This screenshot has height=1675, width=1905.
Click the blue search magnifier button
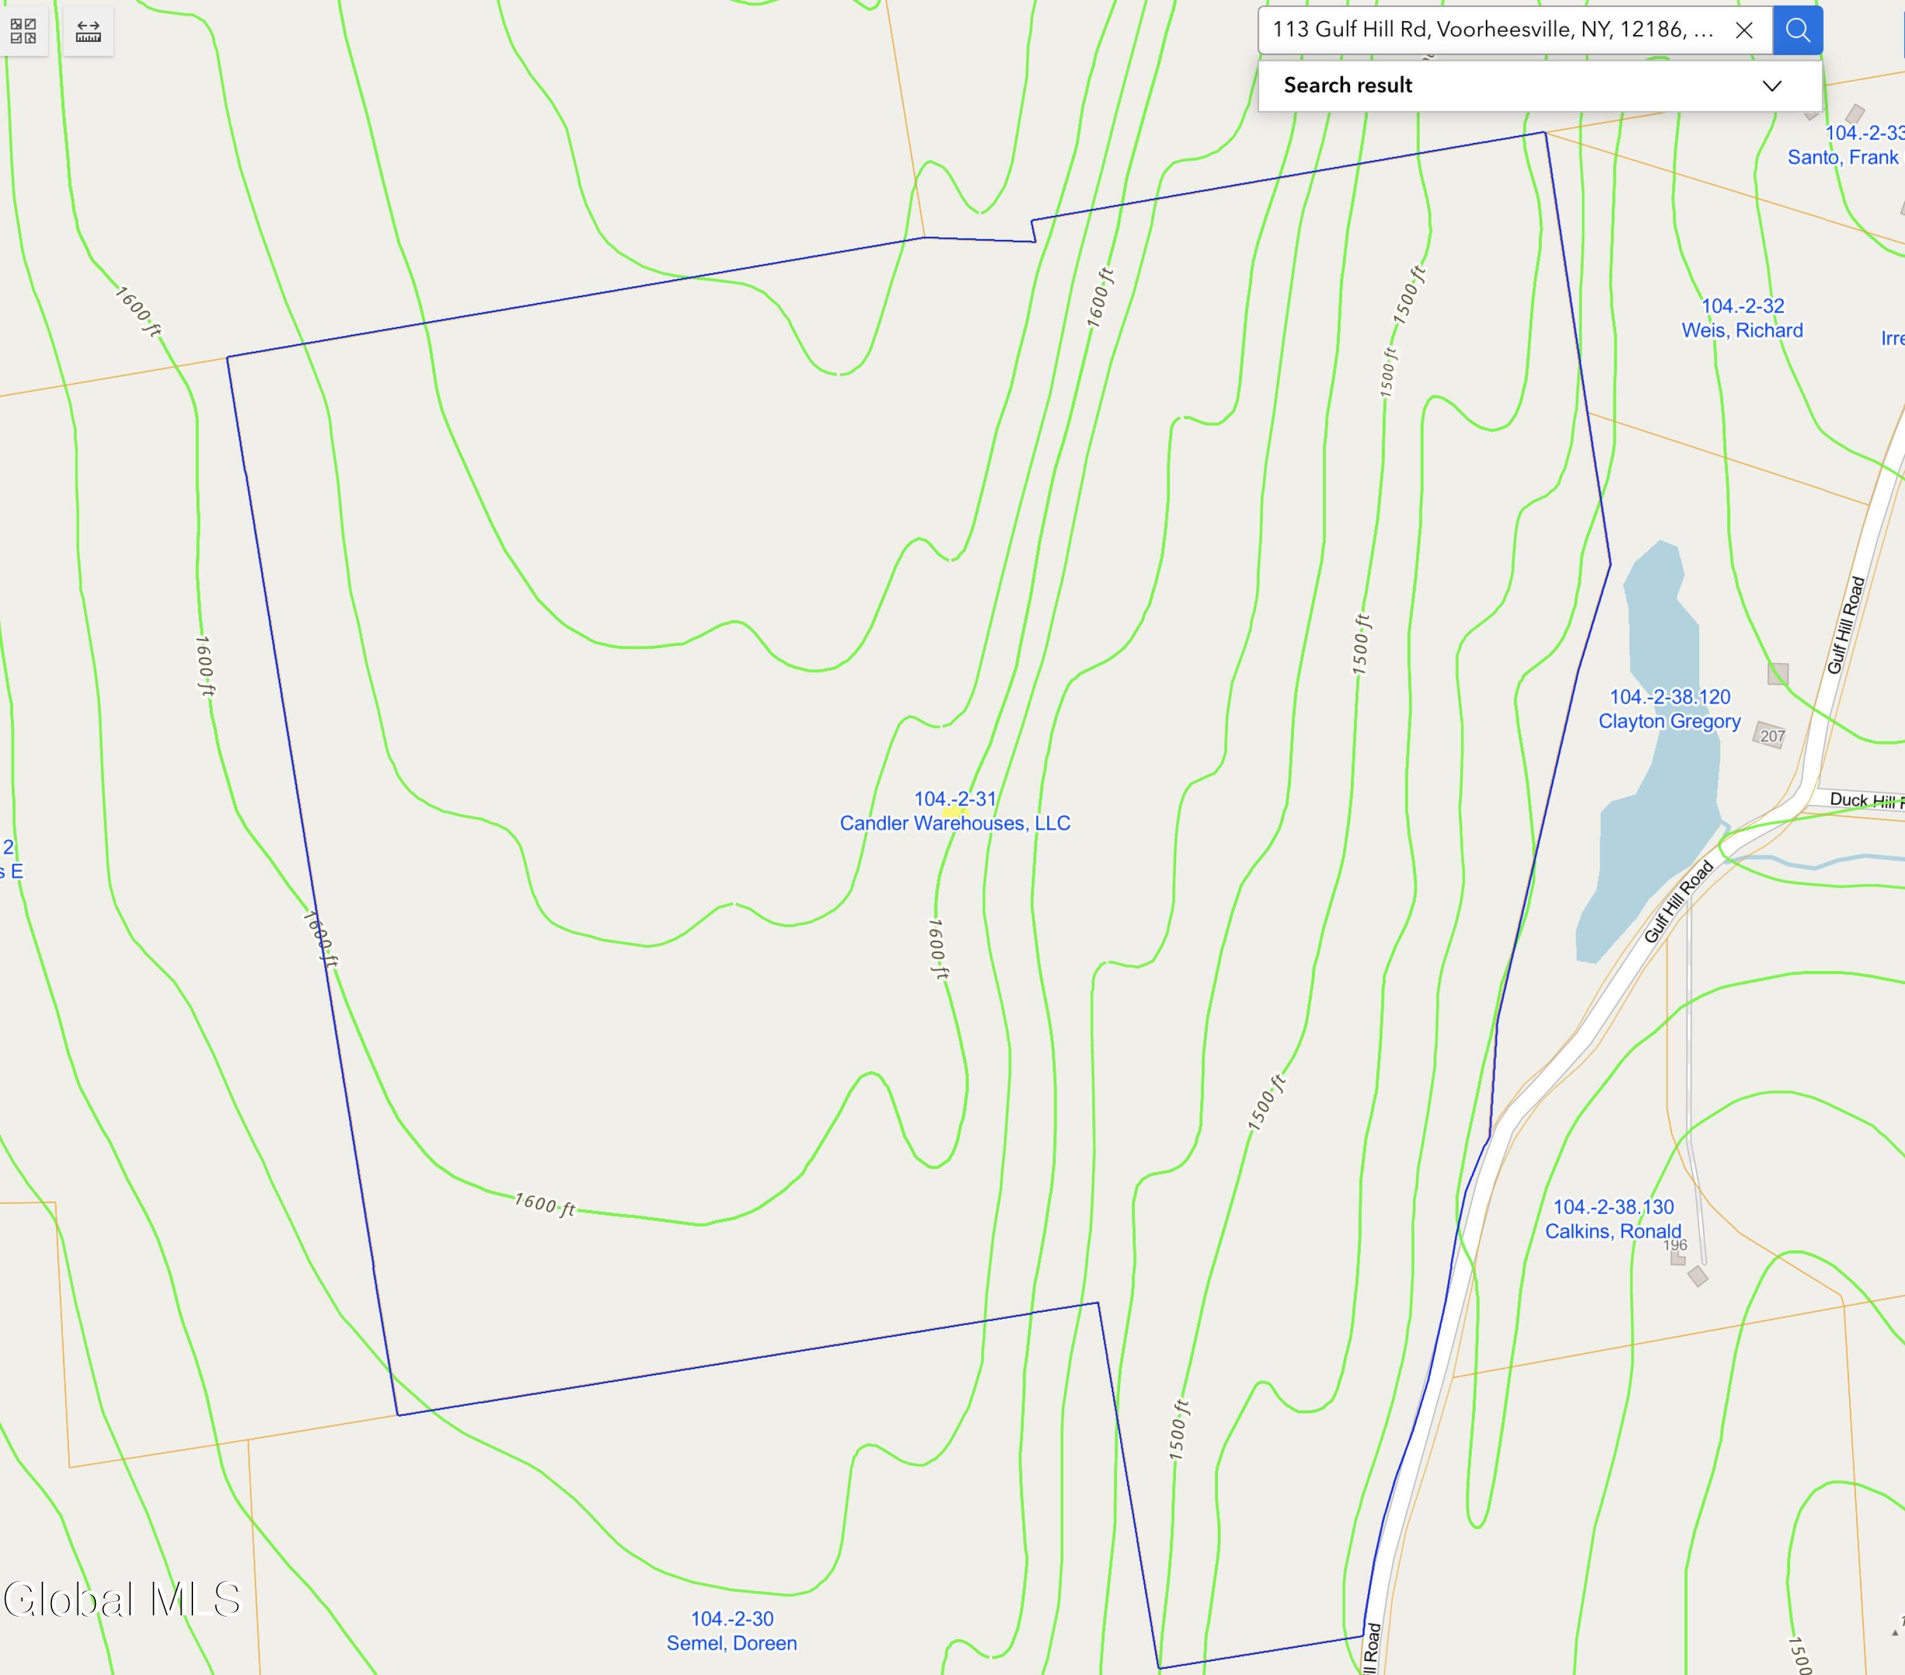[x=1797, y=30]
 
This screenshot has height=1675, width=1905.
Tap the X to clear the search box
[x=1744, y=30]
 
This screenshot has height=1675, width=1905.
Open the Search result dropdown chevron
[x=1772, y=86]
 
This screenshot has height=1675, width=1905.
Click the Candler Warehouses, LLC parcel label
[x=954, y=823]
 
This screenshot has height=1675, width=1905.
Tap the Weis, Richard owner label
[x=1741, y=330]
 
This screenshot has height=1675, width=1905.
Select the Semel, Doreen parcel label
[x=732, y=1643]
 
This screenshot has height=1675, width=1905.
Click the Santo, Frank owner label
[x=1841, y=157]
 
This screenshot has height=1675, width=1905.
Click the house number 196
[x=1674, y=1245]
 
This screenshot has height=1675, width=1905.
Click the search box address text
[x=1491, y=30]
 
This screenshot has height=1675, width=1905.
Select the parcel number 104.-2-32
[x=1742, y=306]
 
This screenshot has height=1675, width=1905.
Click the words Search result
[x=1347, y=86]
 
